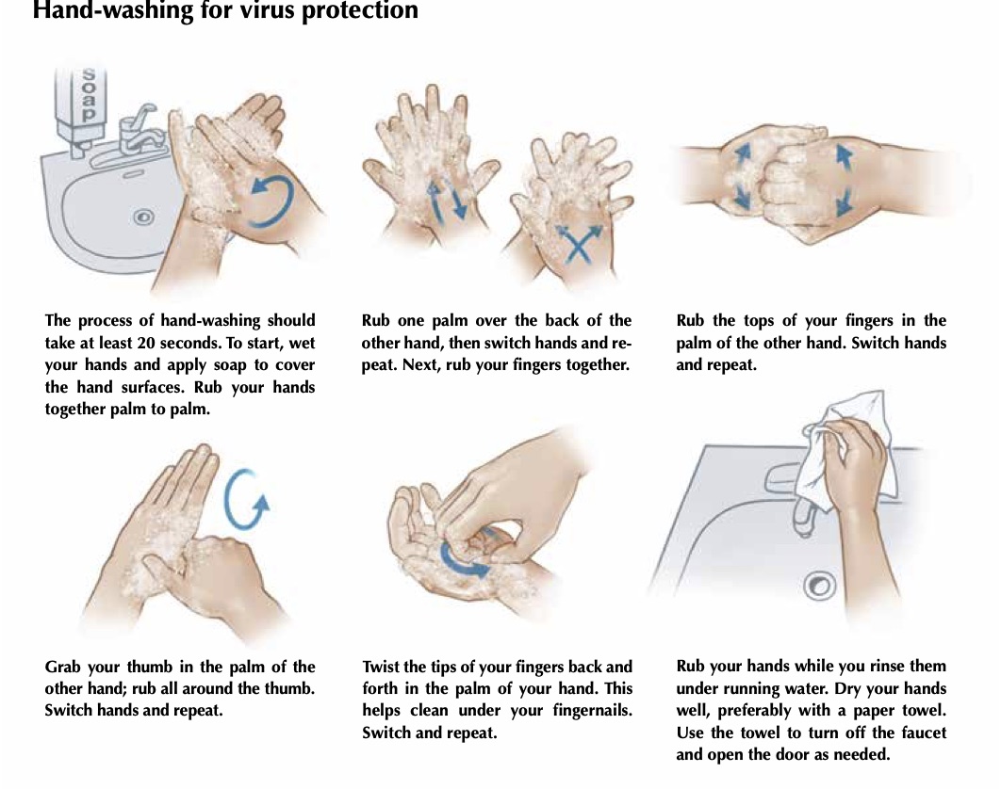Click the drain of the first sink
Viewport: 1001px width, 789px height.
pos(143,217)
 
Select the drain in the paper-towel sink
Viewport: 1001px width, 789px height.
pos(819,587)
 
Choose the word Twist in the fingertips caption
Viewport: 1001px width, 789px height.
pos(382,668)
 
